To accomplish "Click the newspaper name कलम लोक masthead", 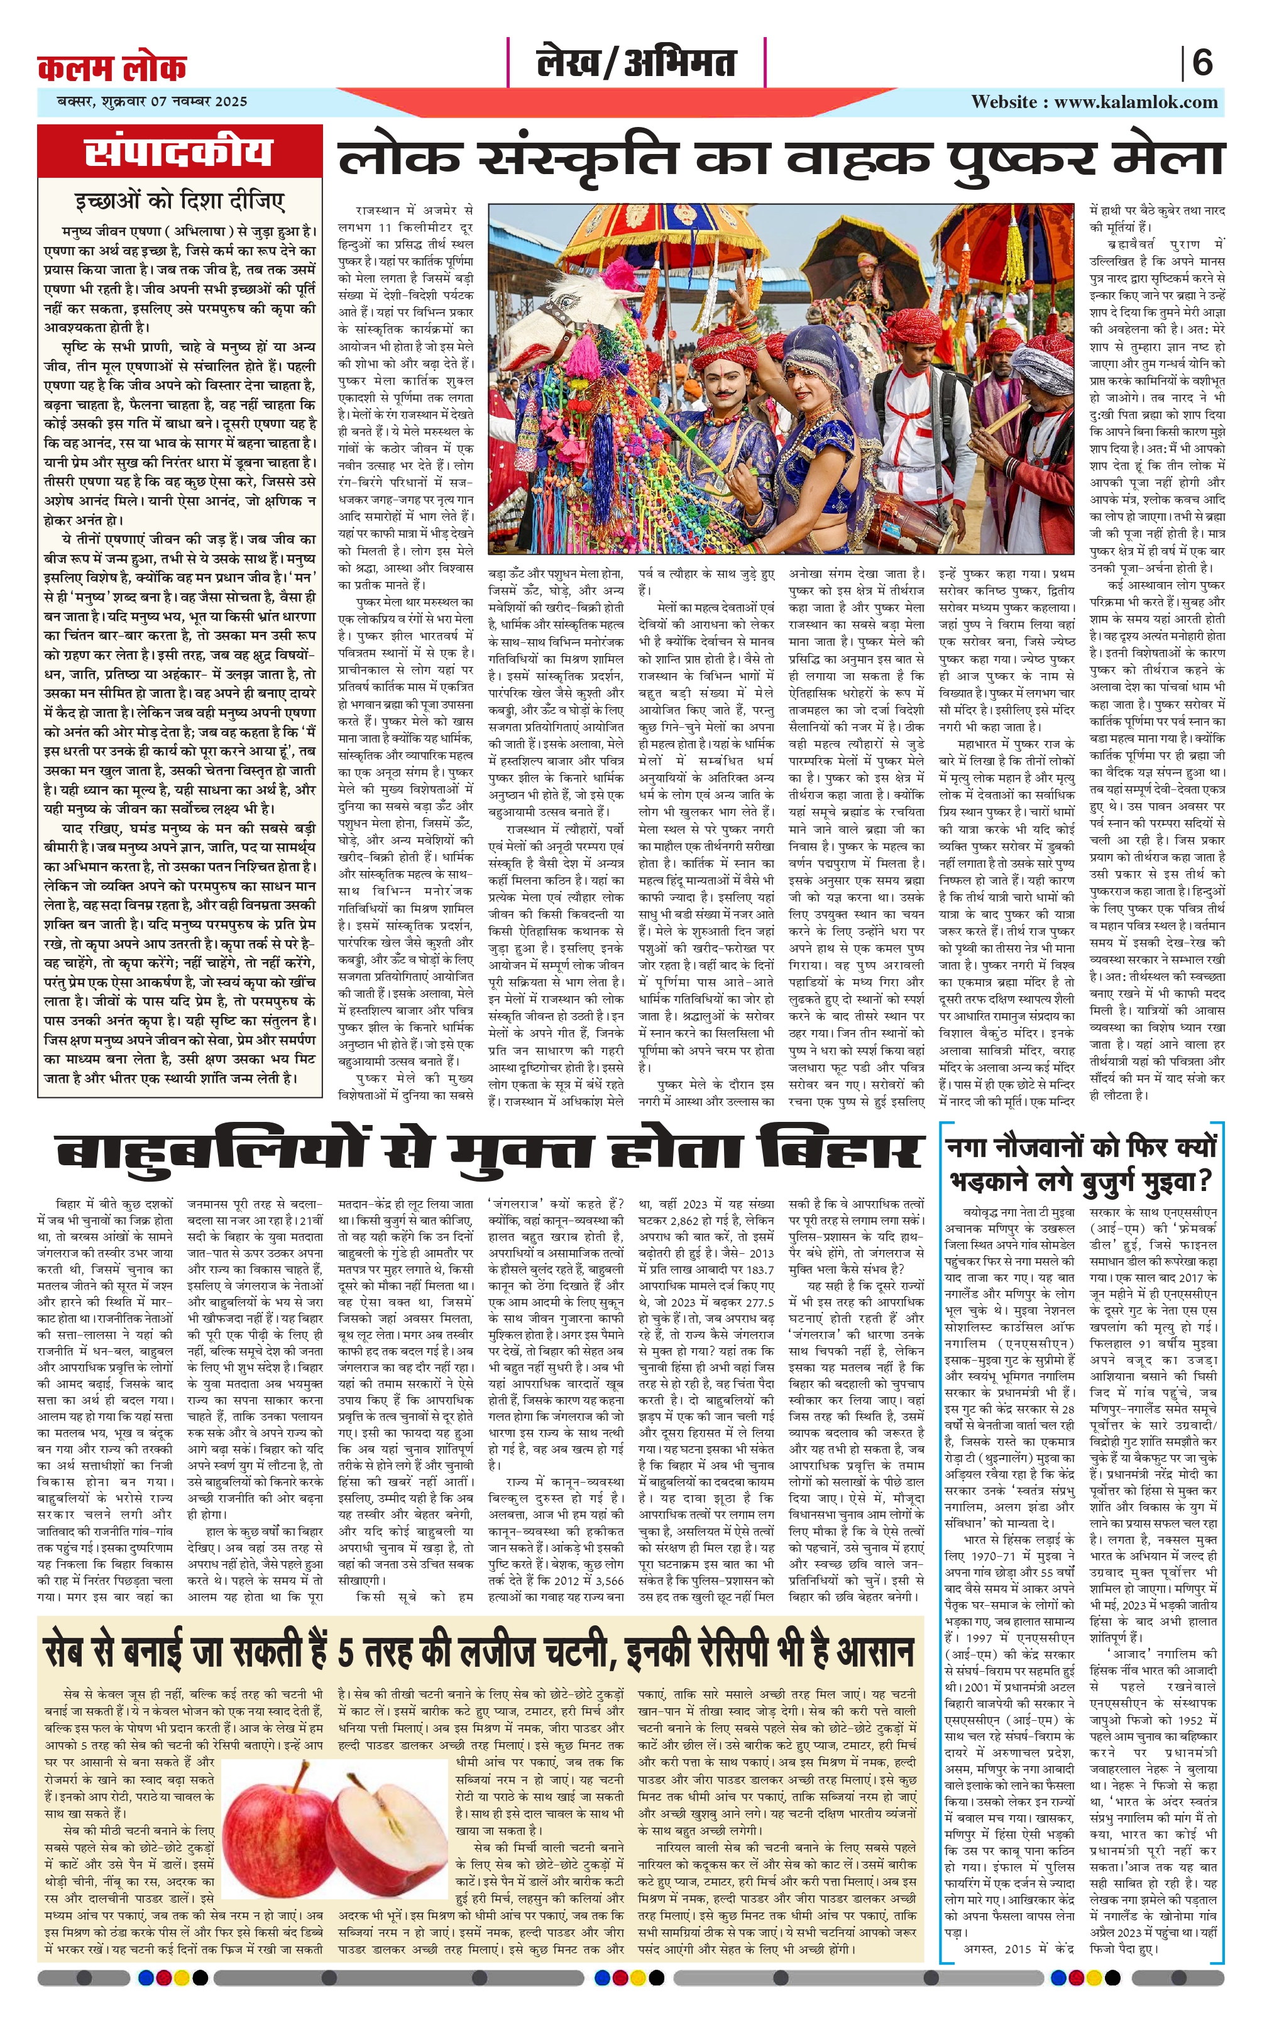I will click(x=112, y=67).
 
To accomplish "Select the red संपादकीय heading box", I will click(x=180, y=153).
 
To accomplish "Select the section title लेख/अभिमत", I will click(x=636, y=63).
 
